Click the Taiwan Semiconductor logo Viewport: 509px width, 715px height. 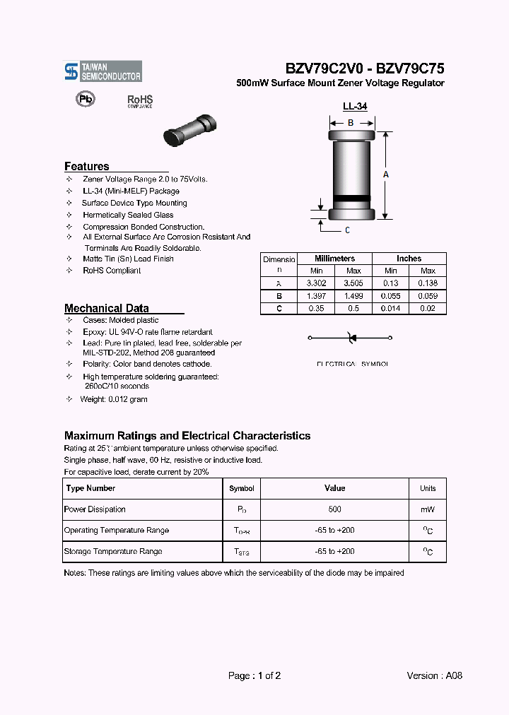(103, 71)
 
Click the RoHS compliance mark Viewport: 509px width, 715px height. (140, 102)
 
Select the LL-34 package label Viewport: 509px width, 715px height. (354, 107)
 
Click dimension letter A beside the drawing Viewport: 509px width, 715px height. (386, 174)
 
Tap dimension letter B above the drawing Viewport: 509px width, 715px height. (350, 122)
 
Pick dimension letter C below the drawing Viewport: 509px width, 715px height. (347, 230)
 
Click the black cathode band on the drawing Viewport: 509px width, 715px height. (351, 197)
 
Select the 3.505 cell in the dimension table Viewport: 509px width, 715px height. (353, 283)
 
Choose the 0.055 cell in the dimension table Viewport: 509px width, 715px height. (390, 295)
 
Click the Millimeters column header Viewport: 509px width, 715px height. (334, 259)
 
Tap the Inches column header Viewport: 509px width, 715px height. (409, 259)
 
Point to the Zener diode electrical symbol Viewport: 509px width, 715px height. (351, 338)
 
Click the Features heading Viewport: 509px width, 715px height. (87, 167)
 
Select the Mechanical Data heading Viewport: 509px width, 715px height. (107, 308)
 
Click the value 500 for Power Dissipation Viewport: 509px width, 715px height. (334, 509)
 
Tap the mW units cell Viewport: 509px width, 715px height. (428, 509)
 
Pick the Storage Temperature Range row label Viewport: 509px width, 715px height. (113, 551)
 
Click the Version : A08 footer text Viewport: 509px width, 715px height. (435, 675)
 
